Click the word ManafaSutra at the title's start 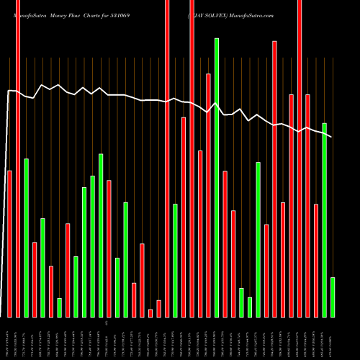click(28, 6)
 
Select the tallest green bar click(216, 177)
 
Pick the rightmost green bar click(333, 297)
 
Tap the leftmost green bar click(26, 238)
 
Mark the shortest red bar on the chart click(150, 313)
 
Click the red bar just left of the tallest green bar click(208, 194)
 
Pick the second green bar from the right click(325, 220)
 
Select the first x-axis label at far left click(9, 336)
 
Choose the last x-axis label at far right click(333, 336)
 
